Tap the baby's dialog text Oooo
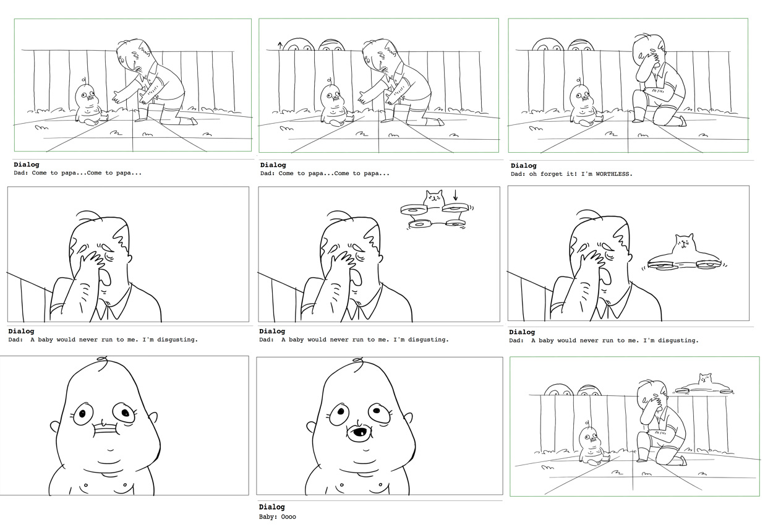288,516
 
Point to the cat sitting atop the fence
704,379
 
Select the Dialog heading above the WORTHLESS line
523,166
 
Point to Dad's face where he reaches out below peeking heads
378,59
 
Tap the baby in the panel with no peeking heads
90,105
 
